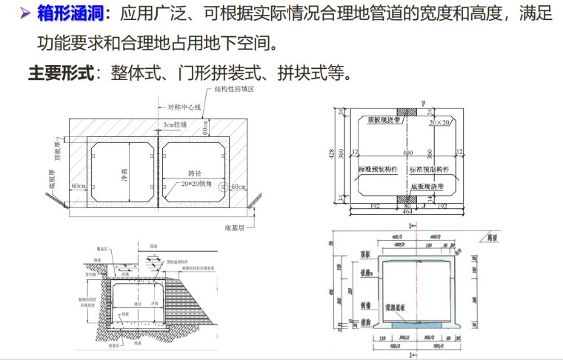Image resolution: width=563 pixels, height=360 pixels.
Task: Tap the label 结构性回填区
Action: tap(234, 89)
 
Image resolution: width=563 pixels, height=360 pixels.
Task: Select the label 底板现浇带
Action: tap(430, 188)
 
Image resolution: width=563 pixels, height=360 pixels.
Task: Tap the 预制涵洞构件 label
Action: tap(179, 260)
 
